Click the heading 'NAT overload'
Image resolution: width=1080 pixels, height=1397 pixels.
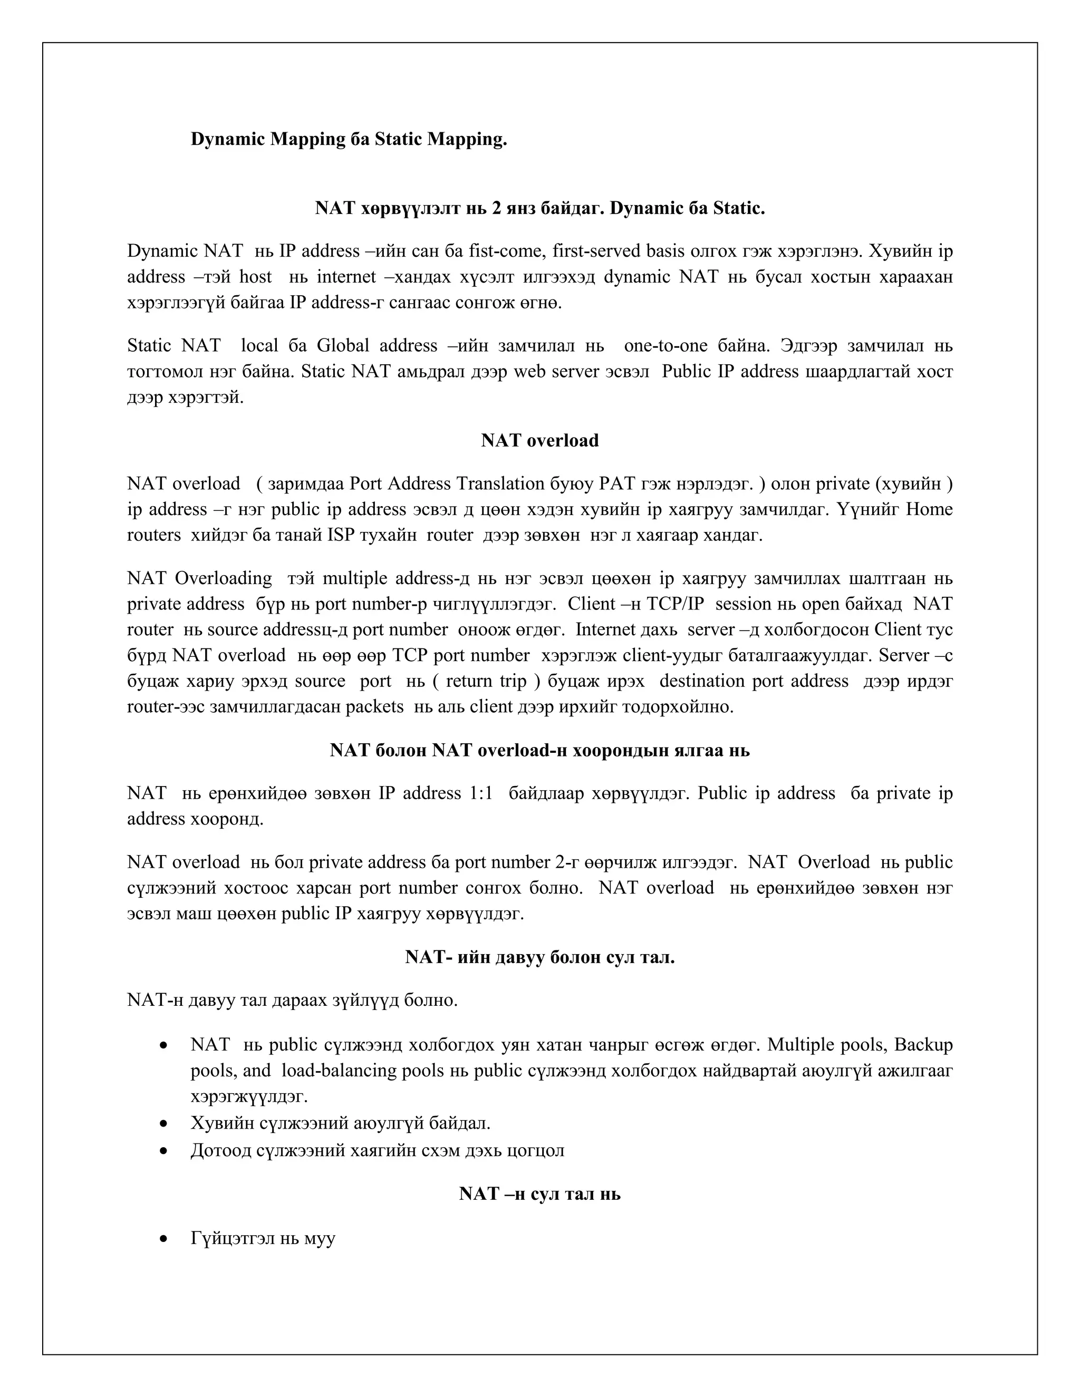click(539, 441)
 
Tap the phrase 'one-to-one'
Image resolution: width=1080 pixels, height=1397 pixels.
click(666, 345)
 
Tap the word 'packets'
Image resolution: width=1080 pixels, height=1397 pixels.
click(374, 706)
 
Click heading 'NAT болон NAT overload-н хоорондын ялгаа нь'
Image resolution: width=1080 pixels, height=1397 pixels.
click(539, 750)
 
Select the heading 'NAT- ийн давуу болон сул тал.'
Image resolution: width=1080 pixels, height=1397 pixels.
click(539, 957)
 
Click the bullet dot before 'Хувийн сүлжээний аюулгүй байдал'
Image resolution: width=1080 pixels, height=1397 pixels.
click(165, 1124)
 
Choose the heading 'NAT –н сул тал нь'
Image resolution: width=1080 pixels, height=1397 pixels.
click(539, 1194)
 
